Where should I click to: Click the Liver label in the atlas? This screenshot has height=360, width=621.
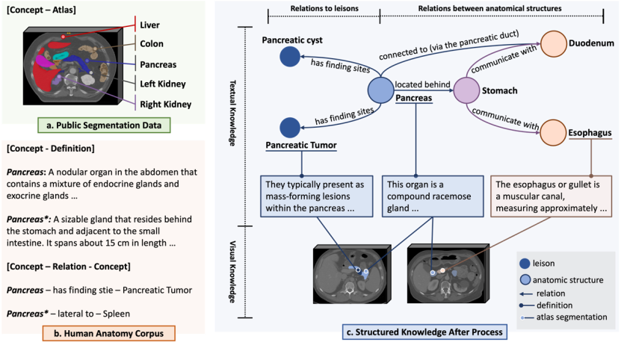pos(149,25)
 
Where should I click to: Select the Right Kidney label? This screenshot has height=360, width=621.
pos(166,104)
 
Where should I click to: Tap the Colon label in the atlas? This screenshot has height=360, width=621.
pos(152,45)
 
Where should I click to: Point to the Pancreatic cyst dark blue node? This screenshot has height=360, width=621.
pos(289,56)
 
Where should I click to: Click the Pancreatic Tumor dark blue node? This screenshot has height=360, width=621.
pos(289,127)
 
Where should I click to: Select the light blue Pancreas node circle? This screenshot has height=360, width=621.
pos(380,90)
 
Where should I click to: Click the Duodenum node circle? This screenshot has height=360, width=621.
pos(553,43)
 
